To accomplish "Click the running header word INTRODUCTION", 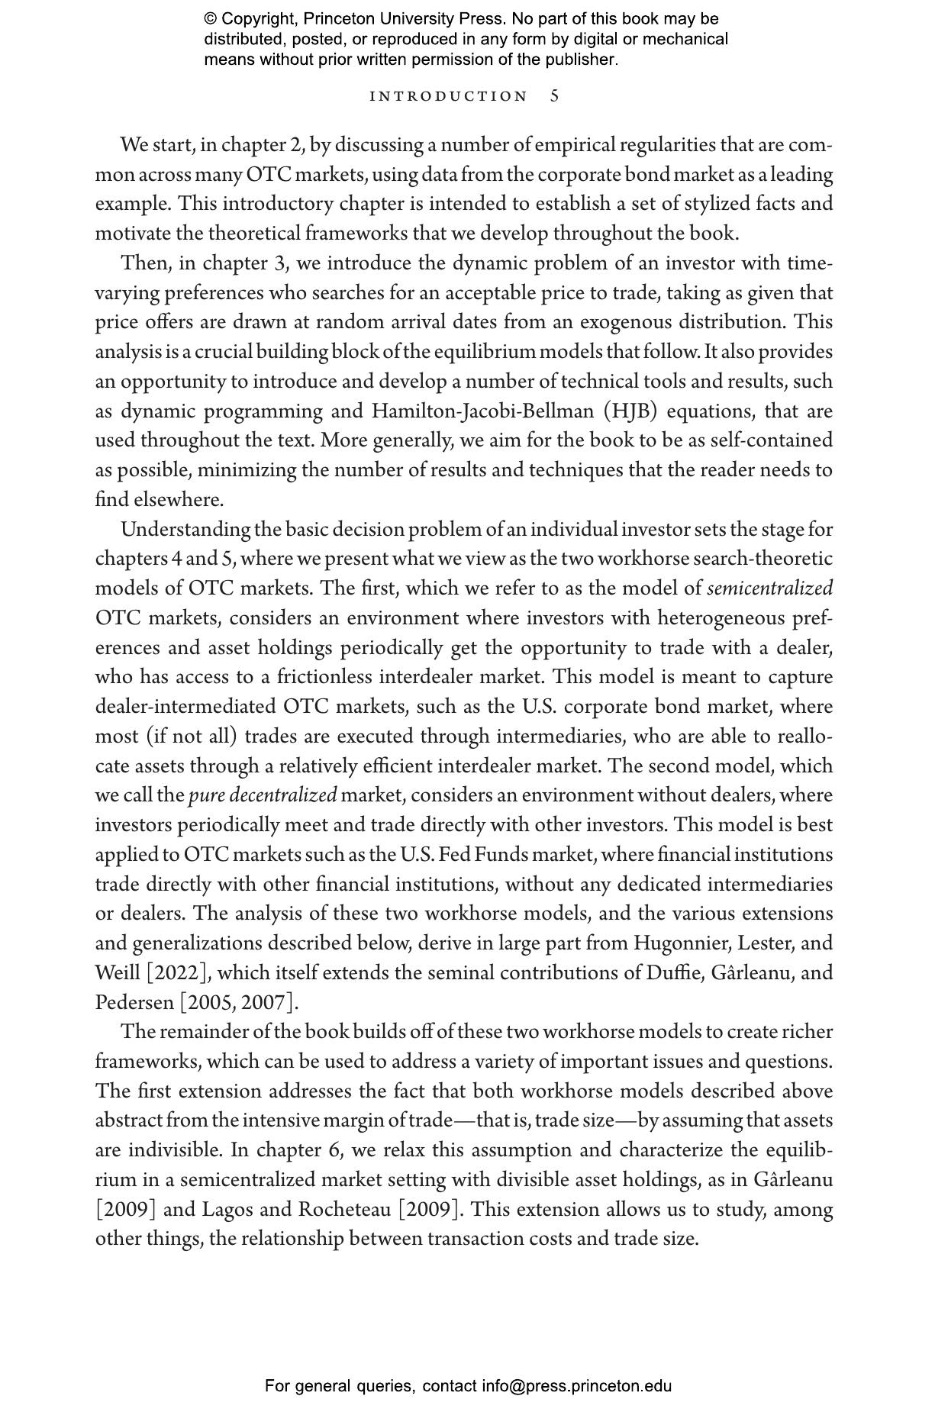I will [x=448, y=96].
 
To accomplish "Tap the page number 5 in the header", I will [x=555, y=96].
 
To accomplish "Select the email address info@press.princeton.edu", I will [x=576, y=1386].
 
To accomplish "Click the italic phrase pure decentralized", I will [x=262, y=795].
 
